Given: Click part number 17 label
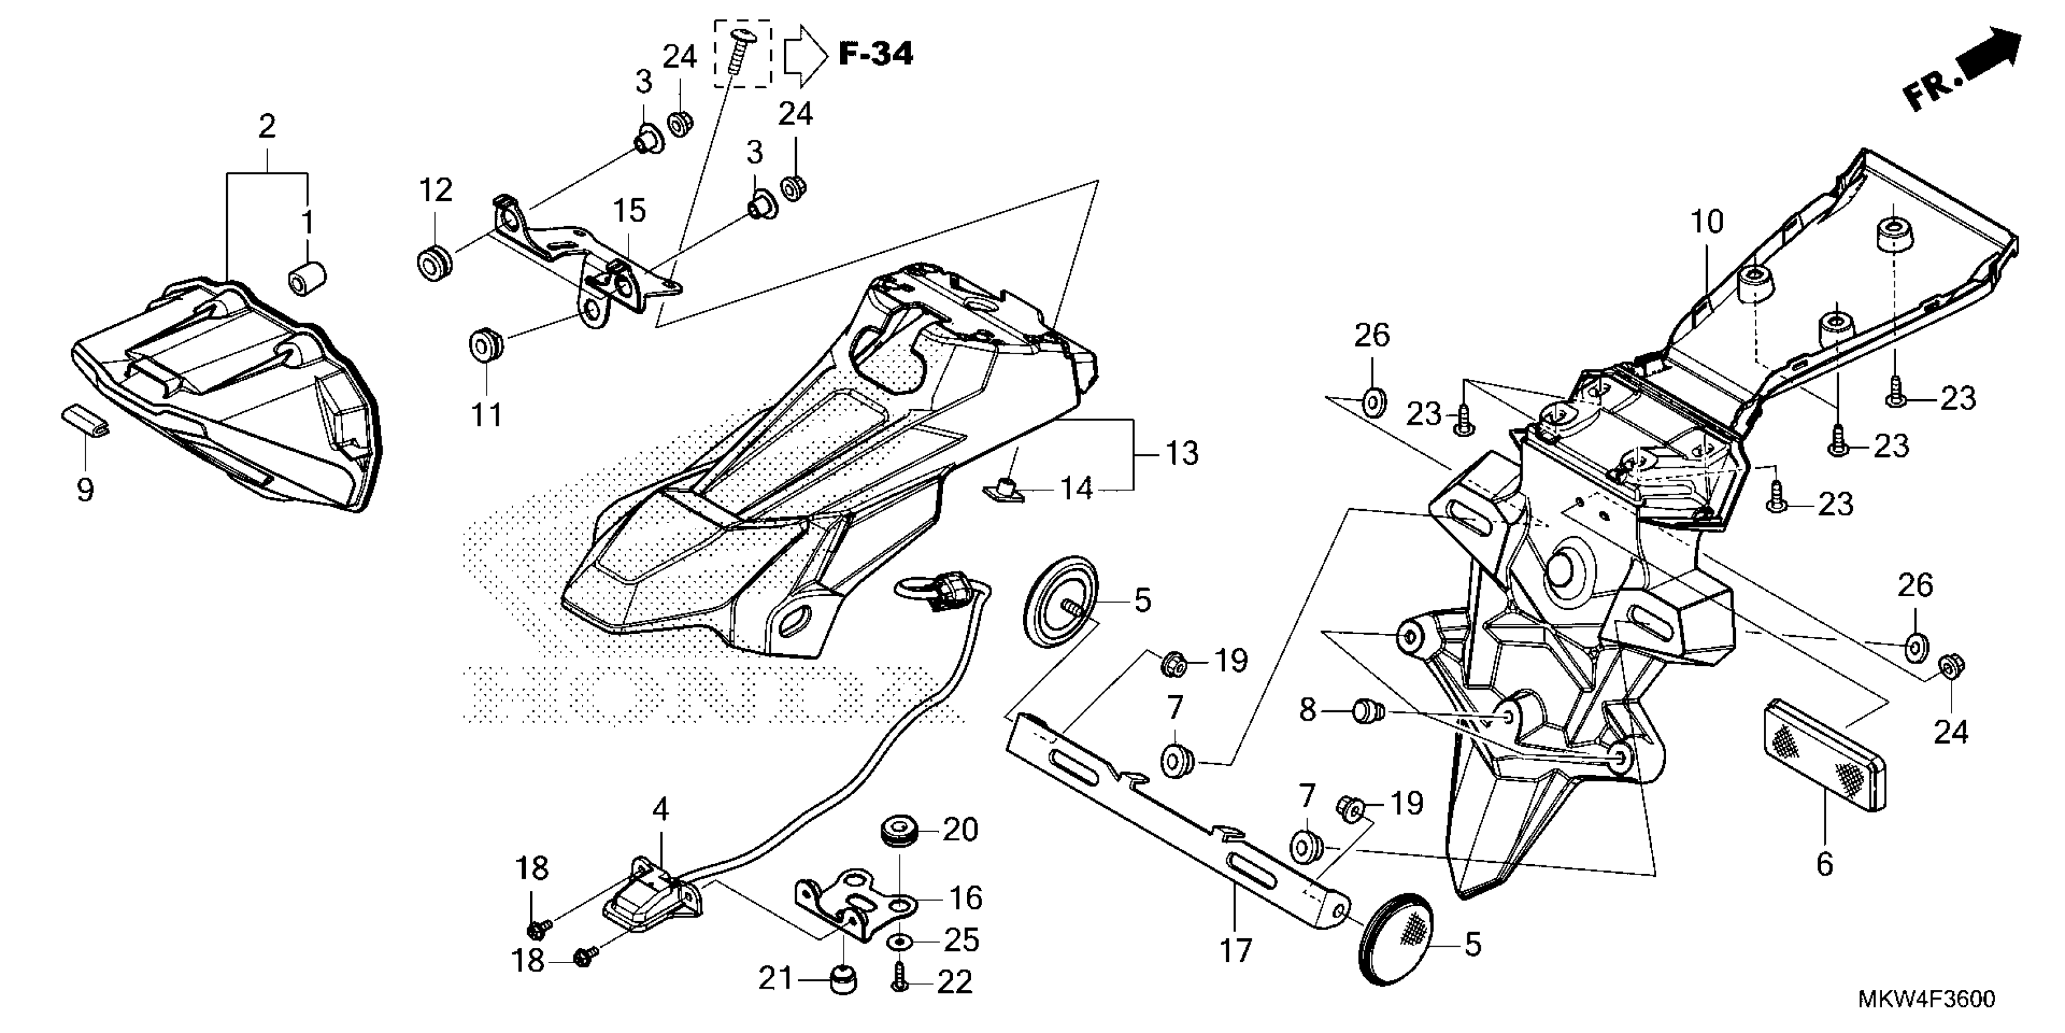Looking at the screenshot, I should tap(1235, 951).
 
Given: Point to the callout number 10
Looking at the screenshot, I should tap(1707, 221).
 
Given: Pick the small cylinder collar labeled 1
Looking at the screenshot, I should tap(306, 278).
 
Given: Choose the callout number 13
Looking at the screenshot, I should tap(1181, 454).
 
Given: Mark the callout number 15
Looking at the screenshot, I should tap(629, 211).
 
